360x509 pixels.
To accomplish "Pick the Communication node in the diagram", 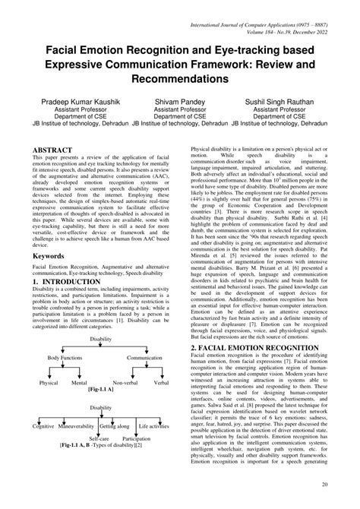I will pos(144,357).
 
